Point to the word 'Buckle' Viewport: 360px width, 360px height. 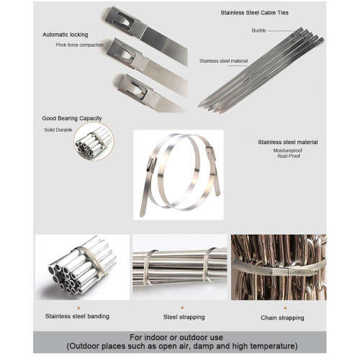click(259, 30)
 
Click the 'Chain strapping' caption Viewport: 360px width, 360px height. click(281, 318)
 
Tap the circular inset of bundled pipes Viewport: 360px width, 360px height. click(93, 141)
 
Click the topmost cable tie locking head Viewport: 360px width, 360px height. click(121, 17)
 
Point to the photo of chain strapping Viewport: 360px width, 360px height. click(278, 268)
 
